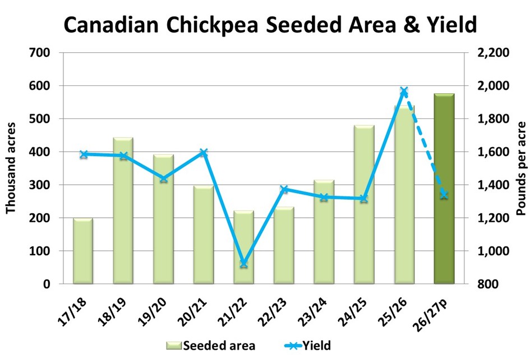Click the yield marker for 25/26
click(404, 92)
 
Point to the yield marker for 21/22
click(243, 263)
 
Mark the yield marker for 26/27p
click(444, 194)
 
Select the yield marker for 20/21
click(204, 153)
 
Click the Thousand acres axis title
click(11, 168)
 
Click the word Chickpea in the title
click(209, 25)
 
